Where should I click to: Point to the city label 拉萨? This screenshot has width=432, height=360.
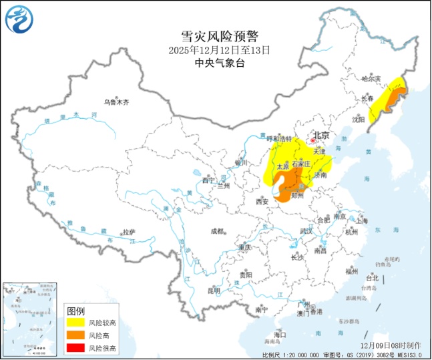click(129, 232)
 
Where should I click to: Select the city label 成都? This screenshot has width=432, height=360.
click(218, 231)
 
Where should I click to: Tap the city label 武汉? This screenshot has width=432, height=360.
click(306, 231)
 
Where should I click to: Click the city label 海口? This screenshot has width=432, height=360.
click(280, 334)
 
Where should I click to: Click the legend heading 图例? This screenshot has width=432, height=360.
click(76, 311)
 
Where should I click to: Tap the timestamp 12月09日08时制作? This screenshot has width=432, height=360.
click(390, 345)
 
